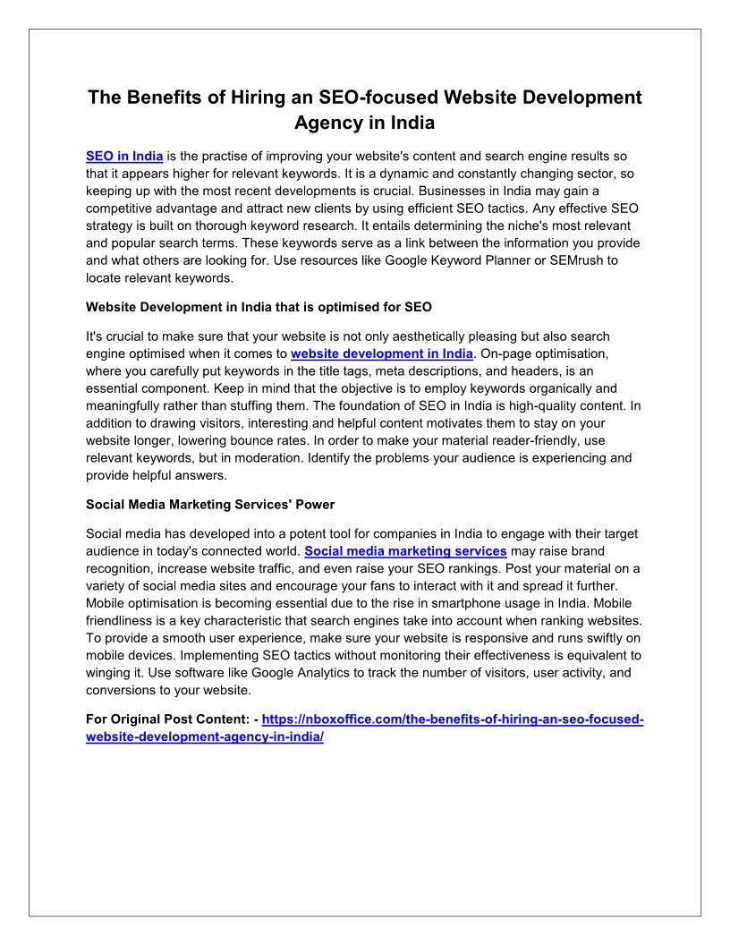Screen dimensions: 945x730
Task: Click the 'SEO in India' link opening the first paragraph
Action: [x=124, y=157]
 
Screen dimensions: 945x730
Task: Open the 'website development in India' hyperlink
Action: [x=382, y=353]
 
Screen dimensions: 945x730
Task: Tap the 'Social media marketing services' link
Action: [x=406, y=550]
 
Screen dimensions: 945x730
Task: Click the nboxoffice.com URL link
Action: [x=453, y=719]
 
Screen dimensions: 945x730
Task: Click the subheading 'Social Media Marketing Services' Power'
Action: [x=210, y=505]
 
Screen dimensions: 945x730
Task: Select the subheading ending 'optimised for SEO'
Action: [x=259, y=307]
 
